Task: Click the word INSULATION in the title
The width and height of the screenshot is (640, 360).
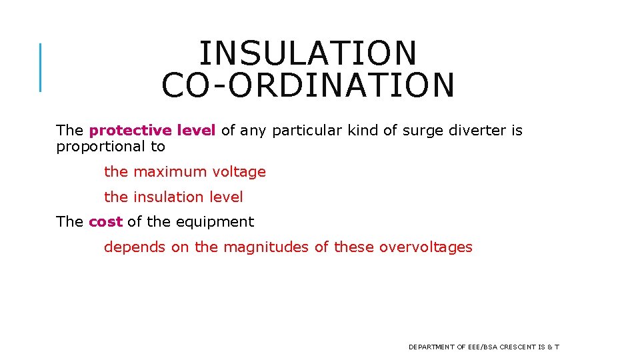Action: click(x=308, y=53)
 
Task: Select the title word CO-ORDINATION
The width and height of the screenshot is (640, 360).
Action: click(x=308, y=85)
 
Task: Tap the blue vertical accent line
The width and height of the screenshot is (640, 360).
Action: click(x=41, y=67)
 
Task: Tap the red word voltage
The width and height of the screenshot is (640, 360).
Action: click(x=239, y=172)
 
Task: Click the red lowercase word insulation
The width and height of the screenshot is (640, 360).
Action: click(x=168, y=197)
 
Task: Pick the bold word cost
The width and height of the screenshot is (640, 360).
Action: click(x=106, y=222)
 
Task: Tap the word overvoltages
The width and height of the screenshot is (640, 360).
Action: click(x=425, y=247)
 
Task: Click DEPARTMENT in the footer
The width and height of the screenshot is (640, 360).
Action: click(x=431, y=347)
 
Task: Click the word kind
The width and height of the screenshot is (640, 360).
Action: click(x=361, y=131)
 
